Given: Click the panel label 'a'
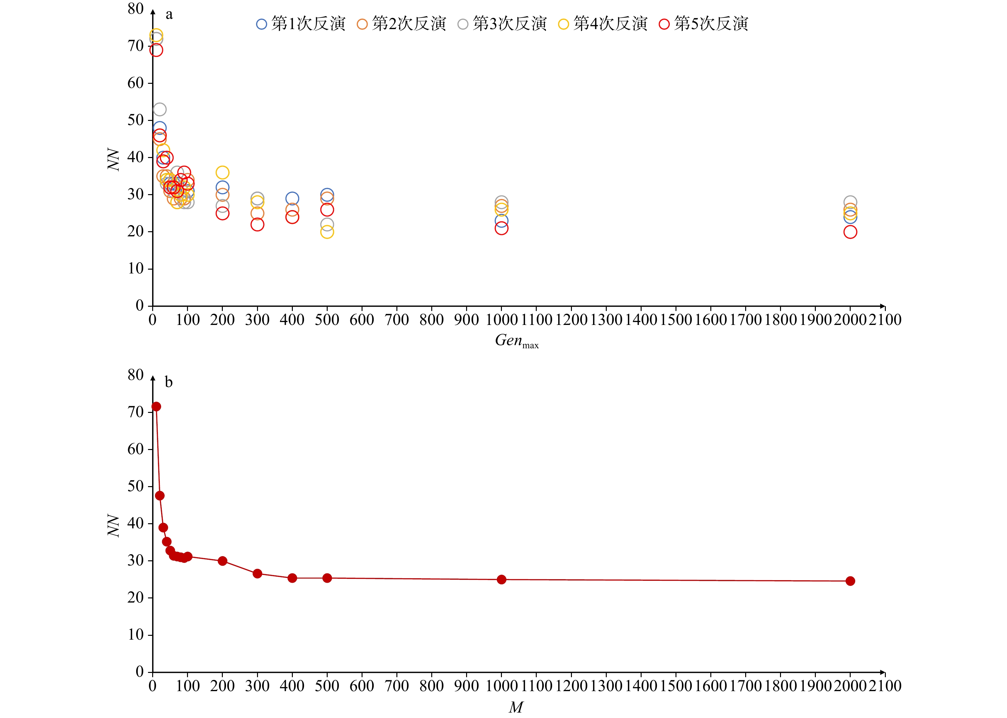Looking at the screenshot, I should click(169, 15).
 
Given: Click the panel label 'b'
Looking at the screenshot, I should click(169, 382).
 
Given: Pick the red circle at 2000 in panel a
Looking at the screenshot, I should click(850, 232).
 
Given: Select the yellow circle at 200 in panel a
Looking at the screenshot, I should click(222, 172).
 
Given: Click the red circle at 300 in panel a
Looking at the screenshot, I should click(257, 225).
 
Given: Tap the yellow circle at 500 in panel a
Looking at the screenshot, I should click(327, 232).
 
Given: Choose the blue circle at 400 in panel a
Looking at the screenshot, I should click(292, 199).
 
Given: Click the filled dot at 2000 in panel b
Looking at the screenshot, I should click(850, 581).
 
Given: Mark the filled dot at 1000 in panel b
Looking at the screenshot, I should click(501, 580).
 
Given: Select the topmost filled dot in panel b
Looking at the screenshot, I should click(156, 407).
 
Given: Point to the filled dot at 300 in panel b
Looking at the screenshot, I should click(257, 574).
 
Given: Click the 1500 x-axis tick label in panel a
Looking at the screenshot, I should click(675, 320).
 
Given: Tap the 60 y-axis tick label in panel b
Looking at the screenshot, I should click(135, 449).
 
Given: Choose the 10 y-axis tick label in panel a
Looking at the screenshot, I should click(135, 268).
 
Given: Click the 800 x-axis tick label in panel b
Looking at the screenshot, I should click(431, 686).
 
